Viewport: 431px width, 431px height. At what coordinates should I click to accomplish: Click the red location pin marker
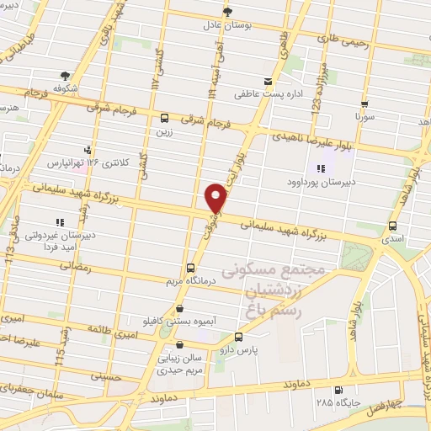click(217, 198)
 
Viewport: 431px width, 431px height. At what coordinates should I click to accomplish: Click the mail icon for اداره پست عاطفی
click(269, 82)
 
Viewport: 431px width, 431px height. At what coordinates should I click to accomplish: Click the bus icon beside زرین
click(164, 119)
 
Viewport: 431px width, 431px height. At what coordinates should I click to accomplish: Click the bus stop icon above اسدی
click(392, 226)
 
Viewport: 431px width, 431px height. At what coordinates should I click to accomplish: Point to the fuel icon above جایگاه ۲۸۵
click(338, 390)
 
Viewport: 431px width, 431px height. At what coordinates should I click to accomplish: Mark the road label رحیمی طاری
click(343, 38)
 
